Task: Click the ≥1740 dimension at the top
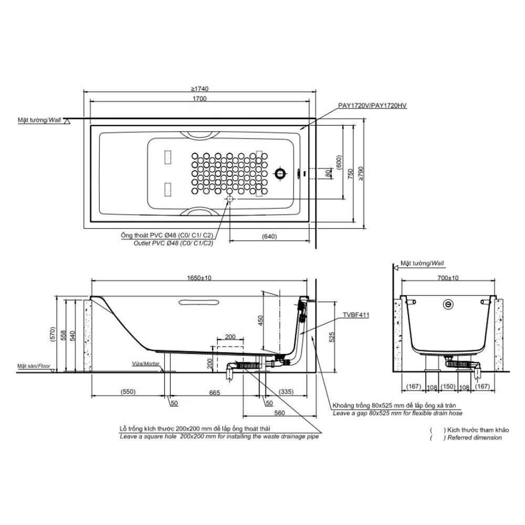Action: point(200,89)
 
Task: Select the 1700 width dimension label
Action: point(200,99)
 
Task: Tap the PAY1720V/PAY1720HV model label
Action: point(373,106)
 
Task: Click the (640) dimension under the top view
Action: point(268,237)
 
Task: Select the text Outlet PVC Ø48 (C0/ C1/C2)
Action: point(167,243)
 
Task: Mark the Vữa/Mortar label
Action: point(146,363)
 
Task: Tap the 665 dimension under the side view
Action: point(214,392)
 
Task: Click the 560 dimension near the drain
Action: point(279,413)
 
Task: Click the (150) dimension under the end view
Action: point(448,387)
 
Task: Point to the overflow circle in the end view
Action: point(448,303)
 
